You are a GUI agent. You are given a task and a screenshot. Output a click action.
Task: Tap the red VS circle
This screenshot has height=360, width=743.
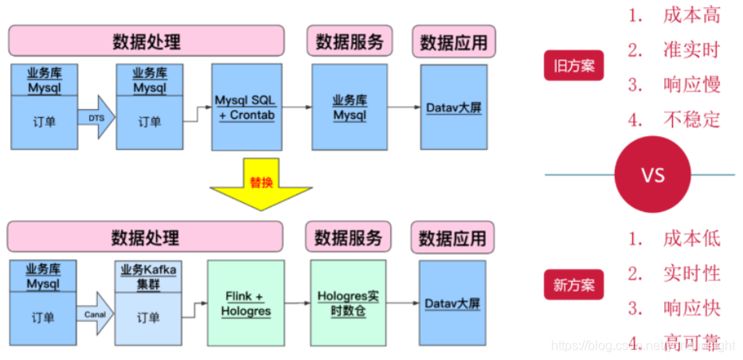pyautogui.click(x=652, y=174)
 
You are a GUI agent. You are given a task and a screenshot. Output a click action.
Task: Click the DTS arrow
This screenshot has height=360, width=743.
pyautogui.click(x=96, y=119)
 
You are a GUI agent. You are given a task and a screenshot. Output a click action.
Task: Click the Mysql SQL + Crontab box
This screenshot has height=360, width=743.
pyautogui.click(x=247, y=108)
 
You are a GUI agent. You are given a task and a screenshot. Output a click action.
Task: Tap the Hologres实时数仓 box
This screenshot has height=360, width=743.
pyautogui.click(x=348, y=303)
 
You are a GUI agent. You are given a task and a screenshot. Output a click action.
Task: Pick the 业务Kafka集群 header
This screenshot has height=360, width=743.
pyautogui.click(x=148, y=276)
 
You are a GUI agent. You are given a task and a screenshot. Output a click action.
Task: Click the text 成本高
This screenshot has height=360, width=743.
pyautogui.click(x=690, y=14)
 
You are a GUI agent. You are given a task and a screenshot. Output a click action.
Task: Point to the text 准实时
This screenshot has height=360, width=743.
pyautogui.click(x=690, y=50)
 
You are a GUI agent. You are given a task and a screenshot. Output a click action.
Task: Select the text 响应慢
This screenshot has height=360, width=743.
pyautogui.click(x=690, y=84)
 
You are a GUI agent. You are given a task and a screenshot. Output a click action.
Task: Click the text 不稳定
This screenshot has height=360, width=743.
pyautogui.click(x=690, y=119)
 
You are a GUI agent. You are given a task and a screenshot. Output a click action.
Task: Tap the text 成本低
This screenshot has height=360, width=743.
pyautogui.click(x=690, y=237)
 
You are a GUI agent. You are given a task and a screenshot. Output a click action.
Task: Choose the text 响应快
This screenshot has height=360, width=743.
pyautogui.click(x=690, y=308)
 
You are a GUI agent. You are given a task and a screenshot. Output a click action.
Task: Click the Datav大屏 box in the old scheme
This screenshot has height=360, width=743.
pyautogui.click(x=453, y=108)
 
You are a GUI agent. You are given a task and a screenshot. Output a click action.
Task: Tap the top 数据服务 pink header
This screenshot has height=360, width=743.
pyautogui.click(x=349, y=41)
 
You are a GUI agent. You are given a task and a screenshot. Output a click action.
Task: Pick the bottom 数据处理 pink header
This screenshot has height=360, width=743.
pyautogui.click(x=146, y=237)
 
